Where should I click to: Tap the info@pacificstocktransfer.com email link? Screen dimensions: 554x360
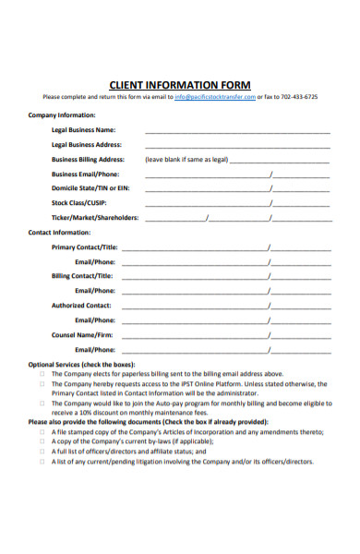click(214, 97)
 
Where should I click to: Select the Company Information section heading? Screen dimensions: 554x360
click(62, 115)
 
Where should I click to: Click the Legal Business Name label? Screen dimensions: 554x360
click(83, 130)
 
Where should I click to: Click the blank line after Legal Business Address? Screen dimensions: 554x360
click(237, 145)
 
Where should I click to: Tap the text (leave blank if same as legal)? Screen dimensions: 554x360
click(186, 159)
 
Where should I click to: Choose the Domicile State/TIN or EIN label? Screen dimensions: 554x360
click(90, 188)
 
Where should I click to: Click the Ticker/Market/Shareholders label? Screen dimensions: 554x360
click(95, 218)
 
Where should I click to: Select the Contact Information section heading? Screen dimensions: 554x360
click(59, 233)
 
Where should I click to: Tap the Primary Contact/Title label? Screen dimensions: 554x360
click(85, 247)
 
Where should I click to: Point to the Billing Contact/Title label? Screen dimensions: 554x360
click(83, 275)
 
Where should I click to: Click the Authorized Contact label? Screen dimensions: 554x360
click(81, 305)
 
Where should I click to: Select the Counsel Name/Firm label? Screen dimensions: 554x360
click(82, 334)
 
